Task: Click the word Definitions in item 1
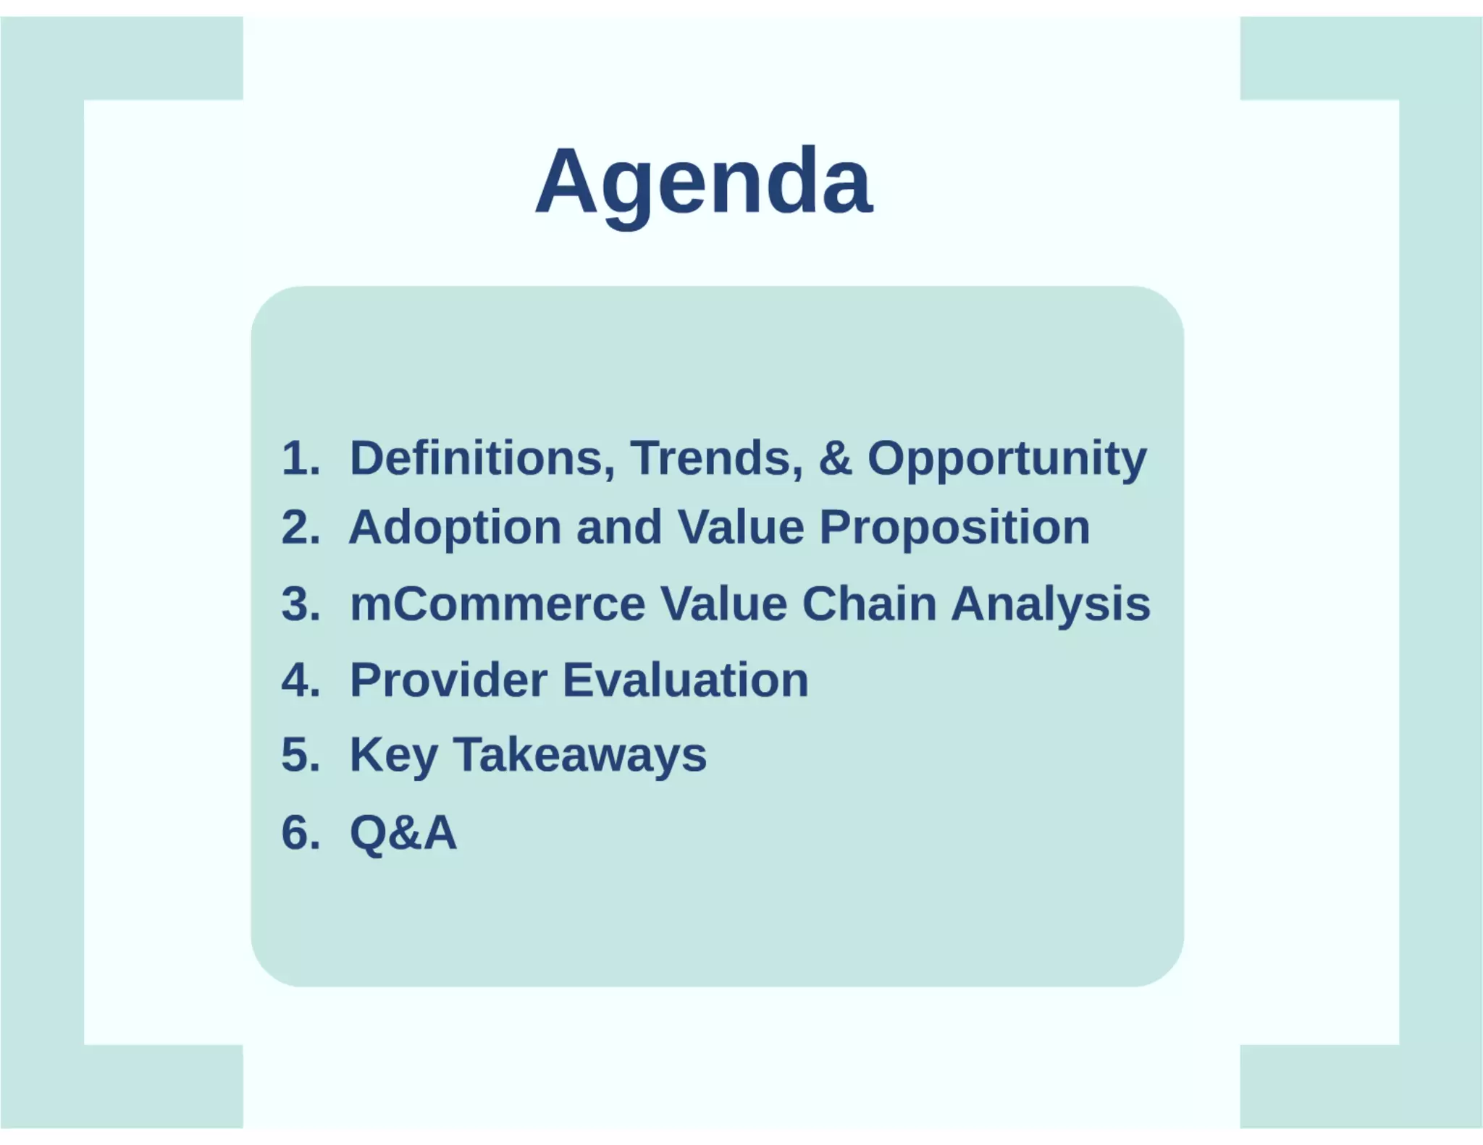482,458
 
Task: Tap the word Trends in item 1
716,458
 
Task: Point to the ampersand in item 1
835,458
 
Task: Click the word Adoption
455,527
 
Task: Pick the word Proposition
954,527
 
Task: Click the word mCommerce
497,604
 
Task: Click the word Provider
449,680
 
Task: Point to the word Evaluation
685,680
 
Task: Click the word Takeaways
579,755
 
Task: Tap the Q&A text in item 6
403,832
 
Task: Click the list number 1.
300,458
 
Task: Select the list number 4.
300,680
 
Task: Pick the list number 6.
300,832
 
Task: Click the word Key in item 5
393,755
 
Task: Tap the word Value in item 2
740,527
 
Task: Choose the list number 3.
300,604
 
